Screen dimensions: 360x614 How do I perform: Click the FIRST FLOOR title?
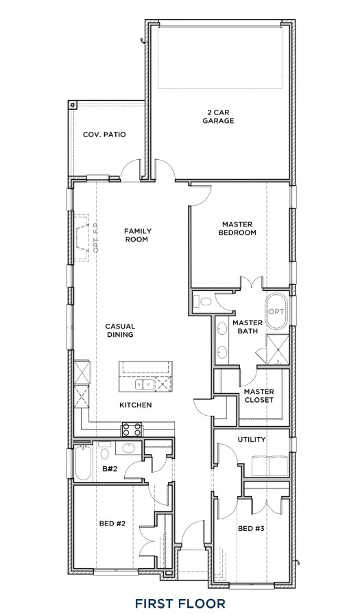(180, 603)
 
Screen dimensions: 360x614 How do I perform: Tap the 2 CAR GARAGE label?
(218, 117)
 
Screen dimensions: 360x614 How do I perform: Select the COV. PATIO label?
(104, 134)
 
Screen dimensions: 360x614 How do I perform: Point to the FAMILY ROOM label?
(136, 235)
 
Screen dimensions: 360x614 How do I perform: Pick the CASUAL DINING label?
(120, 330)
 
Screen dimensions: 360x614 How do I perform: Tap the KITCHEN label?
(135, 405)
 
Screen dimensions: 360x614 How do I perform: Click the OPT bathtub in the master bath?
(276, 312)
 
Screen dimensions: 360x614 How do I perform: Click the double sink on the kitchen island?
(145, 384)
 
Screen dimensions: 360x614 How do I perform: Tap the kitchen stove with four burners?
(132, 429)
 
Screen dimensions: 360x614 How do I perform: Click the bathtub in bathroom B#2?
(83, 463)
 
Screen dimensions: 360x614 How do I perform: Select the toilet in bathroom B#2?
(104, 451)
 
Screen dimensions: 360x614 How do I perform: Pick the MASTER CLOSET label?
(259, 396)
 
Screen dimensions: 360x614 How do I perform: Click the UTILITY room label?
(252, 439)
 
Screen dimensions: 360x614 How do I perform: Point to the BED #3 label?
(251, 529)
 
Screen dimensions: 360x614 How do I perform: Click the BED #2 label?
(112, 523)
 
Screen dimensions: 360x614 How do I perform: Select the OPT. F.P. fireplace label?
(96, 237)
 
